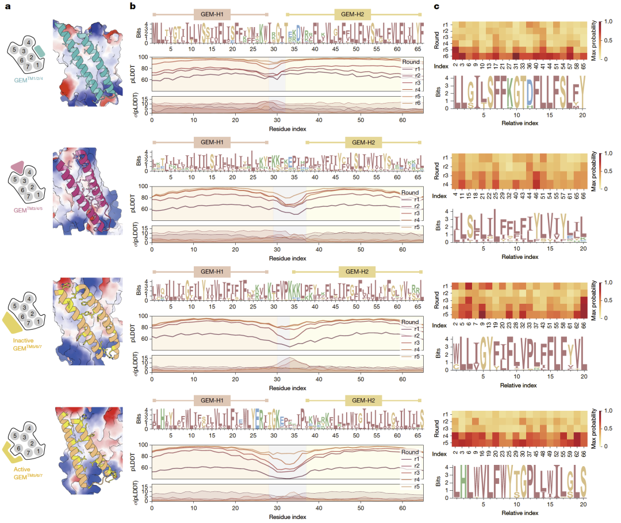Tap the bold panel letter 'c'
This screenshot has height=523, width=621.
point(437,6)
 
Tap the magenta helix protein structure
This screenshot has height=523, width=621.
point(86,193)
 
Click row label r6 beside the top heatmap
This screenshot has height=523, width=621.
point(445,56)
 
